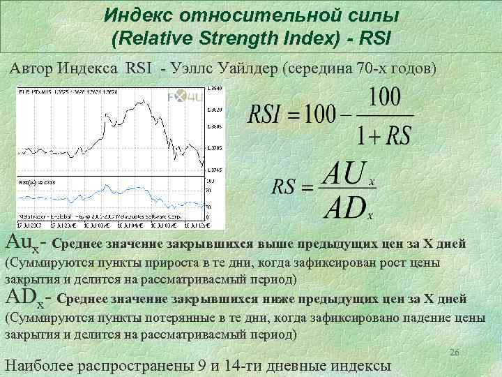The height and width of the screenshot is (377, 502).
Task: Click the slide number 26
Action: point(455,353)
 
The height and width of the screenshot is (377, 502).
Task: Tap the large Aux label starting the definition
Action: point(22,244)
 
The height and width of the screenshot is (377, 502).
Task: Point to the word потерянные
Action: point(169,318)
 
